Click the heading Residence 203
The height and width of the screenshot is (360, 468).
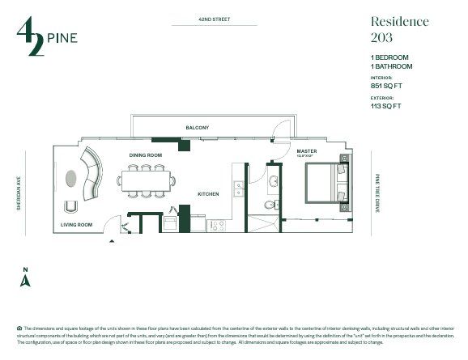pyautogui.click(x=399, y=29)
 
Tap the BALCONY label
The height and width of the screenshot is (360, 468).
pyautogui.click(x=197, y=128)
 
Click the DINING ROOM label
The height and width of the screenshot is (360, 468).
pyautogui.click(x=146, y=155)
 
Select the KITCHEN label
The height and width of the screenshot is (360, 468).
pyautogui.click(x=209, y=194)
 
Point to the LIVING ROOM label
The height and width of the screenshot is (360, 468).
pyautogui.click(x=76, y=225)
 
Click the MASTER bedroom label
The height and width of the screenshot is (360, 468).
pyautogui.click(x=306, y=151)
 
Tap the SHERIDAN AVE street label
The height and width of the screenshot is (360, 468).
pyautogui.click(x=18, y=194)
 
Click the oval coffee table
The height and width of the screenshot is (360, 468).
pyautogui.click(x=70, y=178)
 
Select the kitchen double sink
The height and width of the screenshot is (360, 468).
pyautogui.click(x=239, y=188)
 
